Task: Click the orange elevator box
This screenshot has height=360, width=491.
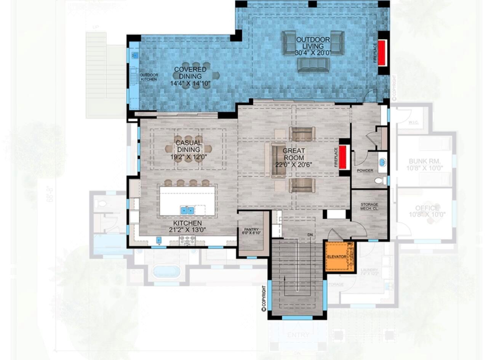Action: click(x=339, y=256)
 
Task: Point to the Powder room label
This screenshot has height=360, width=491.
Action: click(x=365, y=170)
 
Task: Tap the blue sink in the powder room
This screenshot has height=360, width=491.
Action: click(x=382, y=162)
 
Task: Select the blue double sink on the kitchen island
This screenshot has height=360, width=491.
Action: click(x=187, y=210)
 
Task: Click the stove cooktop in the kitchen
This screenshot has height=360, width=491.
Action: click(x=187, y=240)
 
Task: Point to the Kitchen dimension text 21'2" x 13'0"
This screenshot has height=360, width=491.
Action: click(x=187, y=229)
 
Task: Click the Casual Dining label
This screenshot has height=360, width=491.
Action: click(x=188, y=147)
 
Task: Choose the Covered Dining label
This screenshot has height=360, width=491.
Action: click(x=190, y=73)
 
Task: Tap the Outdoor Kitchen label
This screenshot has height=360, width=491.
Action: click(x=149, y=77)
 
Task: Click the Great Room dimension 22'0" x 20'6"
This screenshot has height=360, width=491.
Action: click(x=294, y=164)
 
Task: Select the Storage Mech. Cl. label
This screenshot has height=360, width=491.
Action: click(x=369, y=207)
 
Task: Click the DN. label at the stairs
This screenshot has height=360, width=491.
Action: click(x=311, y=235)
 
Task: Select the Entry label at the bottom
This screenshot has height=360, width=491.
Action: click(x=298, y=335)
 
